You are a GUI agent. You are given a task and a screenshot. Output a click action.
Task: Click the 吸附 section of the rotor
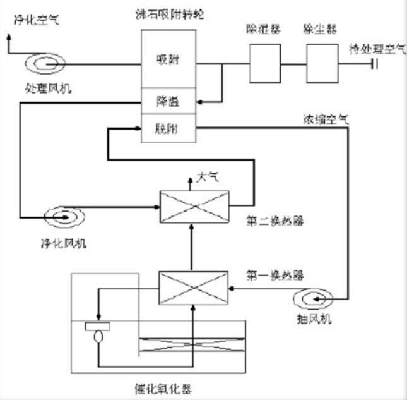click(x=169, y=60)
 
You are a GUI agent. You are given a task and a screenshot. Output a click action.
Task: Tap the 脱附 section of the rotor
click(x=169, y=128)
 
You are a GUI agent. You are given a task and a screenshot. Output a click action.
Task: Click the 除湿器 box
click(x=264, y=62)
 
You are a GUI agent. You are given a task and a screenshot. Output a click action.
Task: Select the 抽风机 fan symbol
click(x=314, y=297)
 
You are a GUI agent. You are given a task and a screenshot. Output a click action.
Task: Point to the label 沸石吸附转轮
click(x=168, y=13)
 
